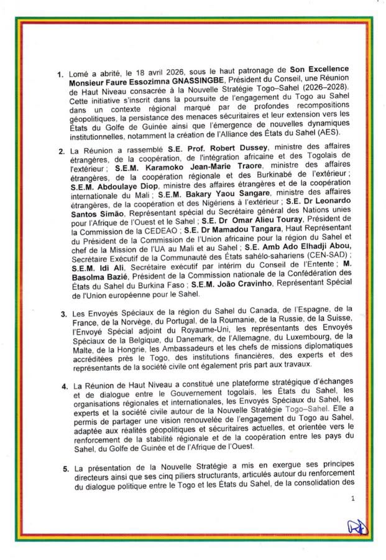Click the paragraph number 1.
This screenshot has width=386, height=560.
coord(60,75)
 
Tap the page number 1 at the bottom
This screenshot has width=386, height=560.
coord(352,498)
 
